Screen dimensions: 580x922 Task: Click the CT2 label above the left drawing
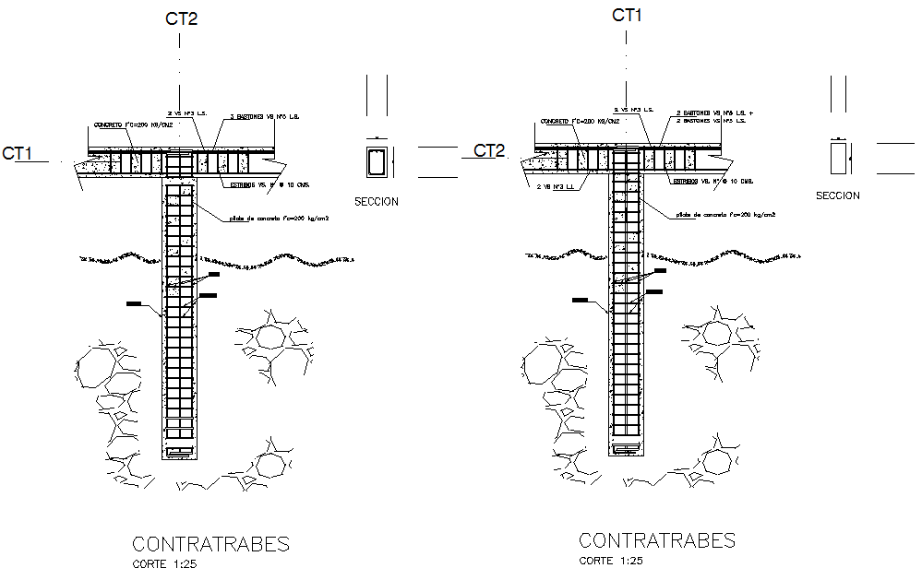click(181, 18)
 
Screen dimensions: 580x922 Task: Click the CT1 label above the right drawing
click(627, 15)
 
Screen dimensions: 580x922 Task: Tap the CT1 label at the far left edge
click(18, 153)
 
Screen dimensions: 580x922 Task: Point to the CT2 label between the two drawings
click(489, 150)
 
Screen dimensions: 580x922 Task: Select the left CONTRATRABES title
click(210, 544)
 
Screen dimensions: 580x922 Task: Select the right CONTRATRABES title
click(656, 540)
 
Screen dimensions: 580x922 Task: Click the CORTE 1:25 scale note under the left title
click(164, 563)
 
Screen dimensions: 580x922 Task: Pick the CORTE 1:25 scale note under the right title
click(611, 560)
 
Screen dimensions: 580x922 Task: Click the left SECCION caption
click(377, 201)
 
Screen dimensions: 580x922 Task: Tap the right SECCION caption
click(837, 195)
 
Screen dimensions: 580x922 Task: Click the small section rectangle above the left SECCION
click(377, 161)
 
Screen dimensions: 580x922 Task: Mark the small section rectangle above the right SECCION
click(838, 158)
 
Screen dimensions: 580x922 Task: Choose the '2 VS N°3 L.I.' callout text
click(557, 186)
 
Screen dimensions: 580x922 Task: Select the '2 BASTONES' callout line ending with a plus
click(713, 112)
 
